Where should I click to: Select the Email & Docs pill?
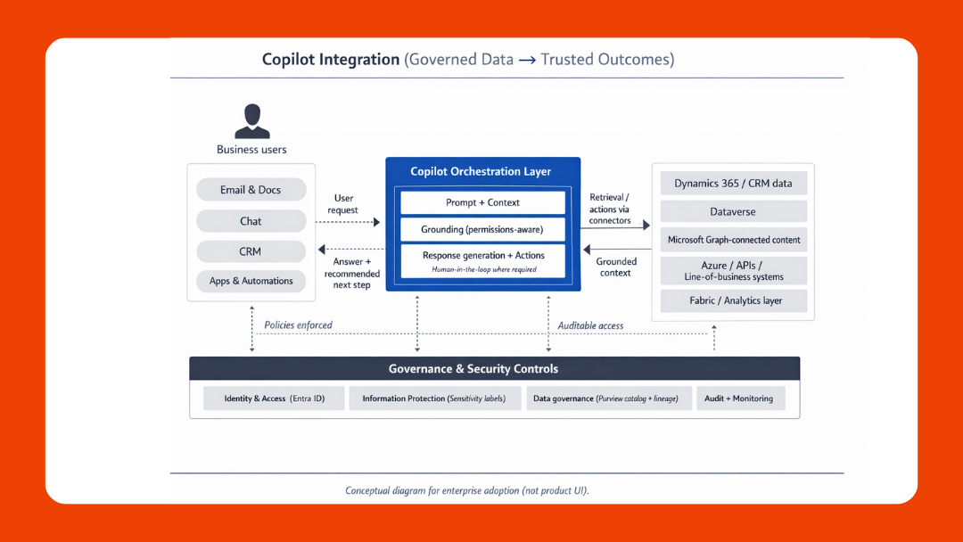pos(251,190)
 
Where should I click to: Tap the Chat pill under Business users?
pos(251,221)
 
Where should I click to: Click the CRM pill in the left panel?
pos(251,251)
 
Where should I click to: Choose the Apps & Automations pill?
pos(251,281)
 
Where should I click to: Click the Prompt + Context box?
pos(482,202)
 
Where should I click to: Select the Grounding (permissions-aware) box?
pos(482,229)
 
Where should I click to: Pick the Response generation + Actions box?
pos(482,260)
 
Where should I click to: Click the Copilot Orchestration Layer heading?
pos(481,171)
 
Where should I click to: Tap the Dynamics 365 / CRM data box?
pos(733,184)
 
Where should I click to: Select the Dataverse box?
pos(733,212)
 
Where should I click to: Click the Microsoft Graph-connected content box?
pos(733,240)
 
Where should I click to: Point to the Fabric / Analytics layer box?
pos(733,300)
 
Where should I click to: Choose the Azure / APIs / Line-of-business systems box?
pos(733,271)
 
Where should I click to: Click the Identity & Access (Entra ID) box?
pos(273,398)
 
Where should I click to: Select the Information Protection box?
pos(433,398)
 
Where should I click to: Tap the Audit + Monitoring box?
pos(739,398)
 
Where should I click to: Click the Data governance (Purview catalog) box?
pos(605,398)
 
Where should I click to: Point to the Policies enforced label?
pos(298,325)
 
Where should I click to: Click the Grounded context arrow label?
pos(616,267)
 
